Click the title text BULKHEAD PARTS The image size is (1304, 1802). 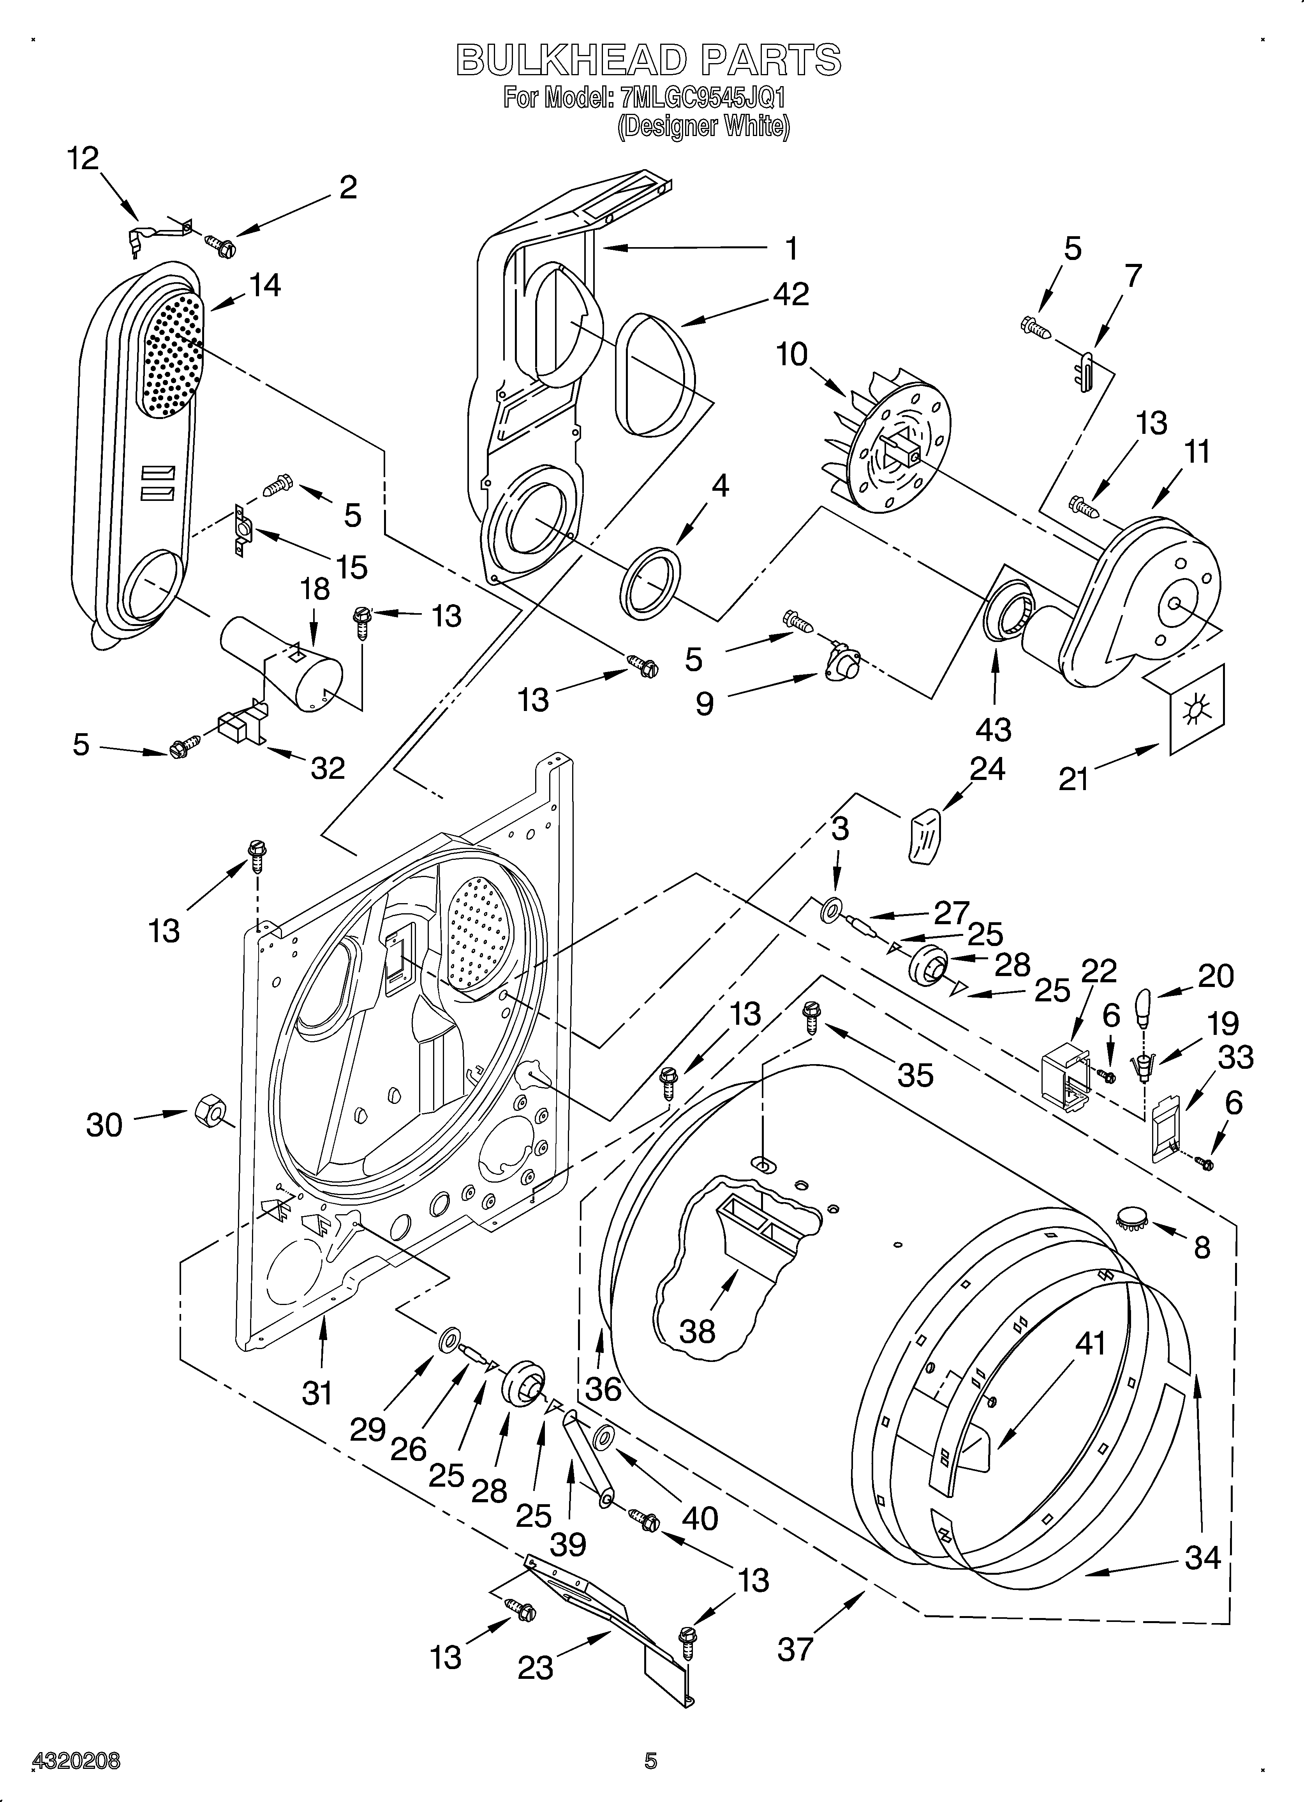tap(648, 60)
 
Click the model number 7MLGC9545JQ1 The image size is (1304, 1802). tap(703, 99)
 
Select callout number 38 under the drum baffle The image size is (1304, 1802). tap(697, 1331)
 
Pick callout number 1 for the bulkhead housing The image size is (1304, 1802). tap(791, 249)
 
